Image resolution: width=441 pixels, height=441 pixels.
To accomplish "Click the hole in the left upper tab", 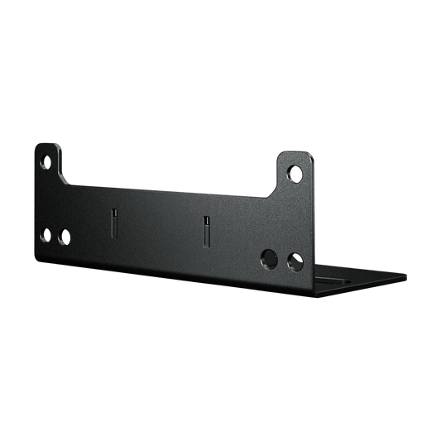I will (x=47, y=163).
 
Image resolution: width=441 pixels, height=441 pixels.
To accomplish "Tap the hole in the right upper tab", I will (x=295, y=174).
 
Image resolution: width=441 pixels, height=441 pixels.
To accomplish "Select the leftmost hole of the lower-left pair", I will (x=46, y=234).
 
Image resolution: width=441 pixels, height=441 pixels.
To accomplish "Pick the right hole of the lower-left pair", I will (x=65, y=237).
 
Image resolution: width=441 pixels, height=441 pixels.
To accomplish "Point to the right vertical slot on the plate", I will (x=206, y=232).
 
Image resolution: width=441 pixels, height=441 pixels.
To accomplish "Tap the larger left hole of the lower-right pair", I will (x=269, y=257).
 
